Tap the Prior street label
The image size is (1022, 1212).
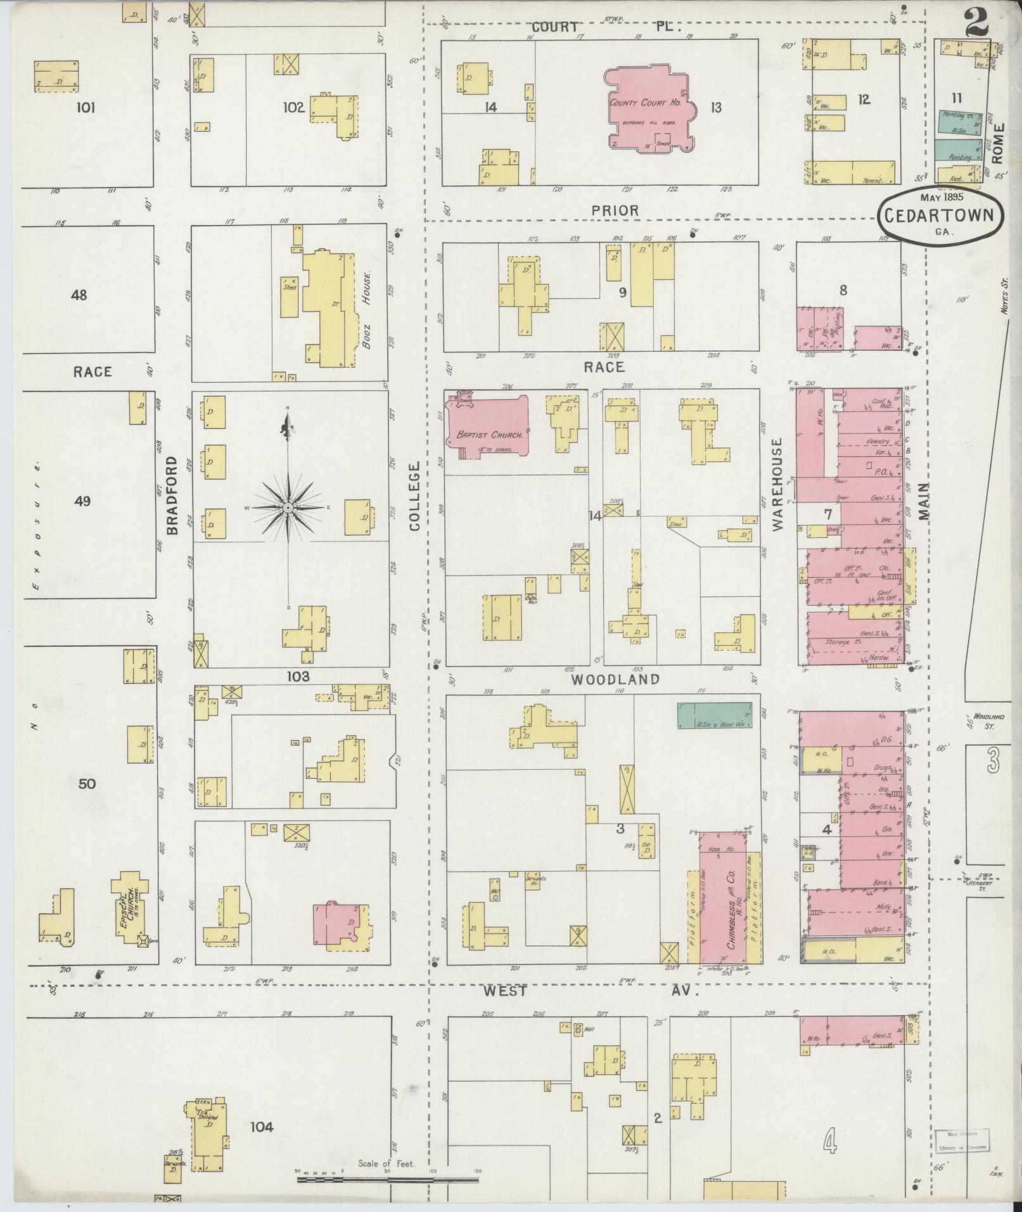point(615,210)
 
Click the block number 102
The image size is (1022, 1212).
point(294,108)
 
